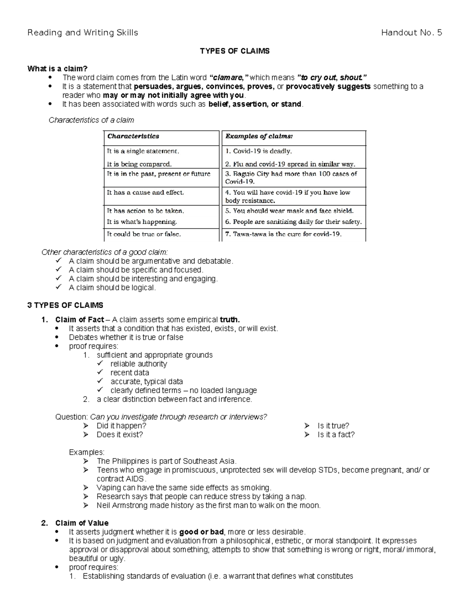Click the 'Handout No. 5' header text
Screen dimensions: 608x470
click(x=411, y=33)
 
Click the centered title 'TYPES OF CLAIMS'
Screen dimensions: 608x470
click(x=235, y=51)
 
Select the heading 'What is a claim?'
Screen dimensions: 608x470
click(x=54, y=69)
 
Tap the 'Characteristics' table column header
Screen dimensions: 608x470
click(x=133, y=136)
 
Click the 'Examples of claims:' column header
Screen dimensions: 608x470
click(x=259, y=136)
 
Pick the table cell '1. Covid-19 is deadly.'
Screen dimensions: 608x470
click(x=258, y=151)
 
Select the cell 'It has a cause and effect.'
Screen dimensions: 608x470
click(x=145, y=193)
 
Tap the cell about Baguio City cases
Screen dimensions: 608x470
click(x=291, y=177)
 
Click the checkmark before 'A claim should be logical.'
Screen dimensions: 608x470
click(x=59, y=287)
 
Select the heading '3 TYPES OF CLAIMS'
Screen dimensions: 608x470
click(x=65, y=305)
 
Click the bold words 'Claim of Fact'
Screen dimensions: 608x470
click(x=80, y=319)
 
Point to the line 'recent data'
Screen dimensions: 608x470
click(x=130, y=373)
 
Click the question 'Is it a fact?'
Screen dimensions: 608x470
click(x=336, y=435)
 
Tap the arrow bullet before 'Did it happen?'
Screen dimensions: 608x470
click(x=86, y=426)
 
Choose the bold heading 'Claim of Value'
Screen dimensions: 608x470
click(x=82, y=523)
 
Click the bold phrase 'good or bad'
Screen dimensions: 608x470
click(x=201, y=532)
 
